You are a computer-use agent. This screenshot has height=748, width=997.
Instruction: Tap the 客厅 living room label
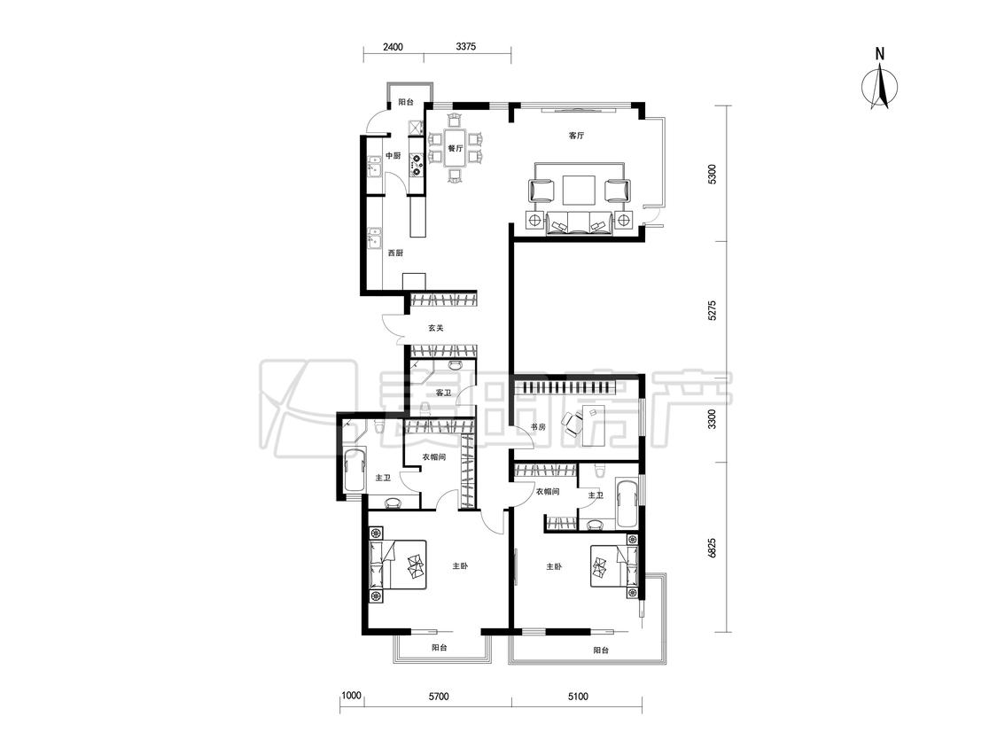click(x=576, y=136)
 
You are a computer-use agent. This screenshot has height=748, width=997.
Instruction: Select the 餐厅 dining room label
click(x=455, y=148)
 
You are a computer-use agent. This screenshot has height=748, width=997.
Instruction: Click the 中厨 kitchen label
click(x=393, y=156)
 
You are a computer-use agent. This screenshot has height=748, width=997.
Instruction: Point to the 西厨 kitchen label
click(x=395, y=253)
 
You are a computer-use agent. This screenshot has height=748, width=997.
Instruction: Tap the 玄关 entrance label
click(x=435, y=328)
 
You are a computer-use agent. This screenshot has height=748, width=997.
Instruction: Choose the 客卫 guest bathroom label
click(x=443, y=393)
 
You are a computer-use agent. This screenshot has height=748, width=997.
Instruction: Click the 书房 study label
click(x=538, y=427)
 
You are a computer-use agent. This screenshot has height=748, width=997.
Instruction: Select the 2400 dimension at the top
click(x=393, y=46)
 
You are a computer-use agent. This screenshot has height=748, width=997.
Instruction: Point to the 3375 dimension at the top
click(x=467, y=46)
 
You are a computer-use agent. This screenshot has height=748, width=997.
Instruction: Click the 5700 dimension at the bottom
click(x=438, y=697)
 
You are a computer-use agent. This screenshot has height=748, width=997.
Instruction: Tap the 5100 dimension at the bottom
click(x=577, y=697)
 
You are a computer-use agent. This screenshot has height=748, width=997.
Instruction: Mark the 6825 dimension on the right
click(x=713, y=549)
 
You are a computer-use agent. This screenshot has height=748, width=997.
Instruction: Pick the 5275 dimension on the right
click(x=713, y=310)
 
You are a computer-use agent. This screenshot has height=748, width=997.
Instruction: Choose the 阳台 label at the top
click(x=406, y=102)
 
